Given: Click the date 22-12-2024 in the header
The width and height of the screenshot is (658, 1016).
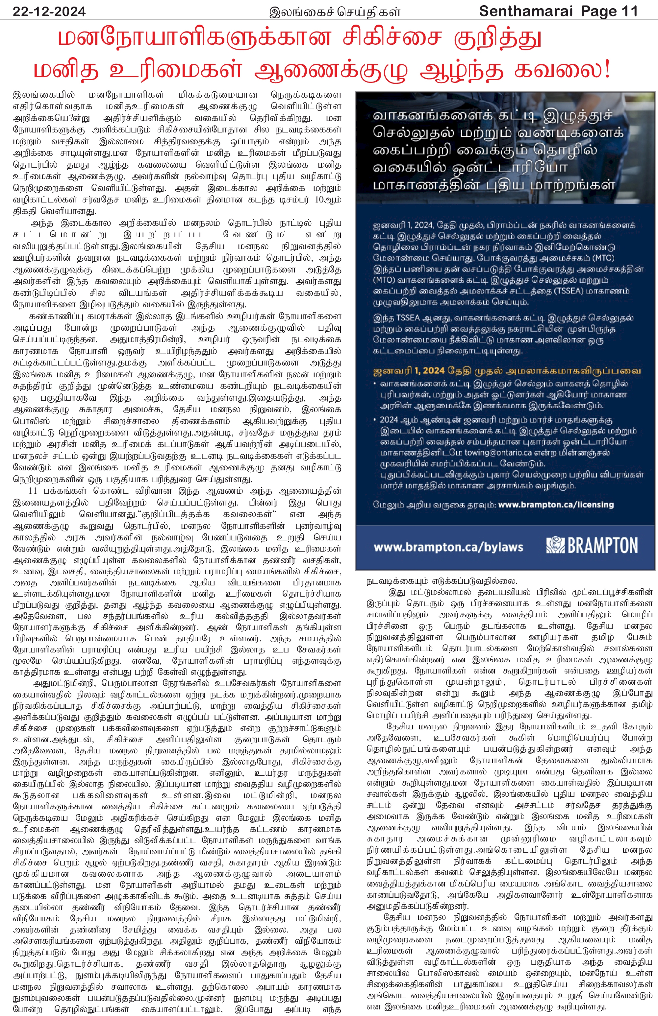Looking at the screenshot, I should click(x=49, y=12).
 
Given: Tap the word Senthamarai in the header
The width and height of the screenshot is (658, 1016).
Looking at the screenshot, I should click(x=525, y=11).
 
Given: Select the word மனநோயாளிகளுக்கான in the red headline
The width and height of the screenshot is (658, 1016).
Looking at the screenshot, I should click(x=194, y=38).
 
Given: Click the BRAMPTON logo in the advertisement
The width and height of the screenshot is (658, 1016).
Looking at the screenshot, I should click(x=592, y=546).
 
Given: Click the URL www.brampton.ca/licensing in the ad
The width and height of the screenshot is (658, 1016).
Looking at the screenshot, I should click(x=555, y=505).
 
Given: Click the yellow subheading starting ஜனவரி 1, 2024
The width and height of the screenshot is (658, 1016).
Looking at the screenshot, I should click(x=507, y=370).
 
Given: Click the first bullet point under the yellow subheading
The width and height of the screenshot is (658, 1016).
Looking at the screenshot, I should click(x=375, y=384).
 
